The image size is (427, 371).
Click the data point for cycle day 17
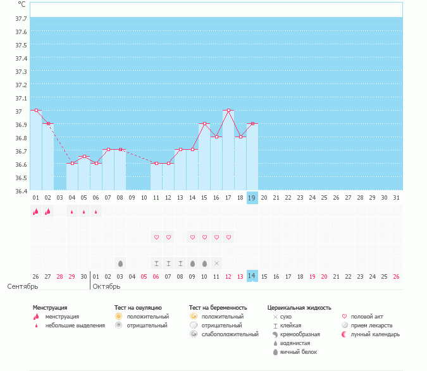tap(229, 111)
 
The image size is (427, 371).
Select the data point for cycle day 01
tap(36, 111)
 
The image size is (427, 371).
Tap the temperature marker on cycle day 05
tap(84, 157)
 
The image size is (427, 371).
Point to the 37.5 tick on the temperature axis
tap(22, 45)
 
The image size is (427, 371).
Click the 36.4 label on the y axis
tap(22, 192)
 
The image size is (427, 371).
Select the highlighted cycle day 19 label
tap(252, 198)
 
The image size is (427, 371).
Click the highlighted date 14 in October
tap(252, 276)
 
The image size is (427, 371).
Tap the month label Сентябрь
tap(23, 286)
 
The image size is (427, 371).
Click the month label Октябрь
tap(106, 286)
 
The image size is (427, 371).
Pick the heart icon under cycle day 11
tap(157, 237)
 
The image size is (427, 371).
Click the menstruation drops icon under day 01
tap(35, 211)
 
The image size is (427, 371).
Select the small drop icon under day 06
tap(96, 212)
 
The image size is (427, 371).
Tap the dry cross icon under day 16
tap(216, 264)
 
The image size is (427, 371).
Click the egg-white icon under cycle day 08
tap(120, 264)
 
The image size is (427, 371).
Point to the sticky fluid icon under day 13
tap(180, 264)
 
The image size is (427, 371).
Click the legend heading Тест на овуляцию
tap(138, 308)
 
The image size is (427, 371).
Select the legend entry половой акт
tap(367, 317)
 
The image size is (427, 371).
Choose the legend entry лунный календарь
tap(375, 334)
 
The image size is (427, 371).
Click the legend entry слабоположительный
tap(230, 334)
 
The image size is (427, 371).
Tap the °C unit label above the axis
tap(22, 4)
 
